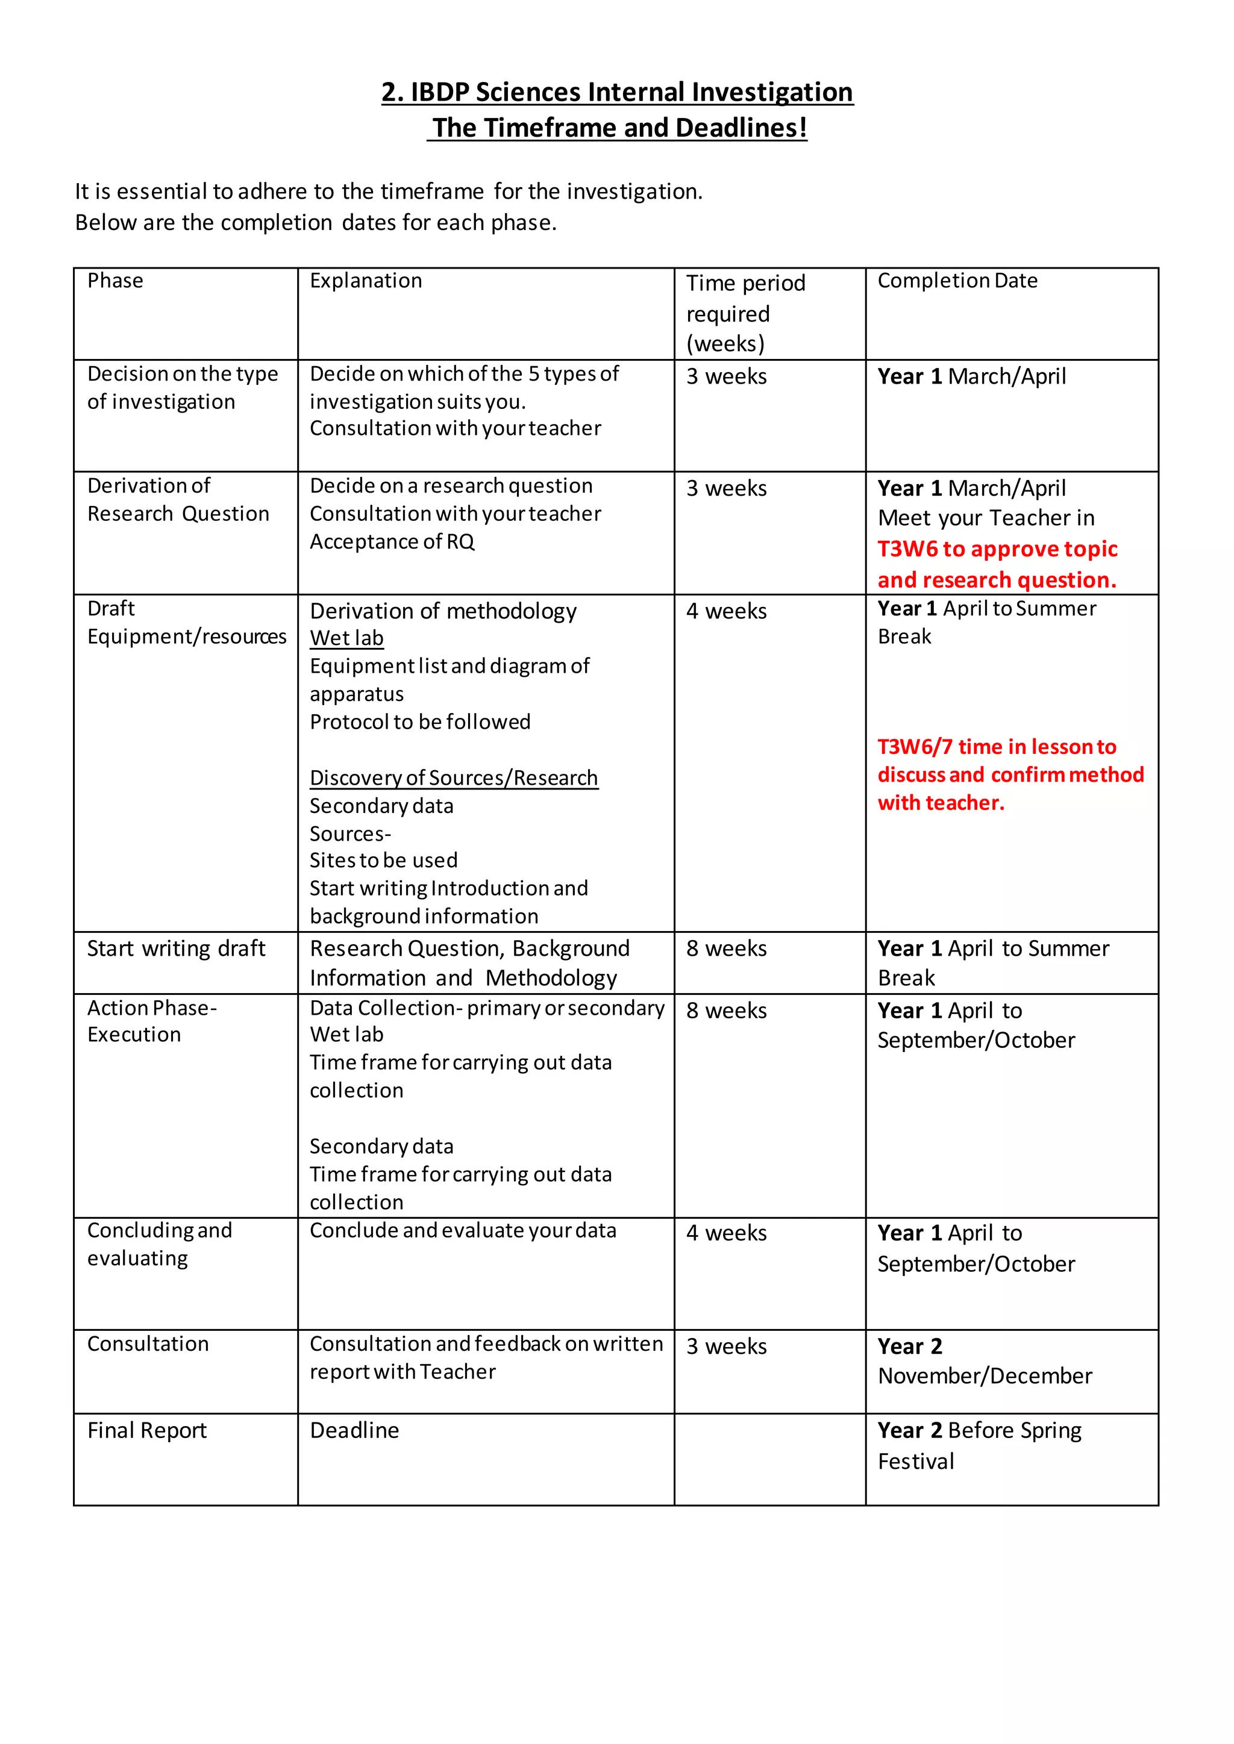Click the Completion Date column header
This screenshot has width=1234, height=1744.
957,281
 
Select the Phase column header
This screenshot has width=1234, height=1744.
114,281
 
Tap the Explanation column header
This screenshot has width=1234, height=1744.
366,281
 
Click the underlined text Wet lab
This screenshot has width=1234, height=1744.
346,638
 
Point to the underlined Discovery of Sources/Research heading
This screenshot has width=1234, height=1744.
454,778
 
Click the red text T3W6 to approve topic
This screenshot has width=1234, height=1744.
997,549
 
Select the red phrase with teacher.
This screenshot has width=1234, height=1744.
941,802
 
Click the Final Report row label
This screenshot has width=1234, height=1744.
146,1430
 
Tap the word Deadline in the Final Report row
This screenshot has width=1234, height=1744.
354,1430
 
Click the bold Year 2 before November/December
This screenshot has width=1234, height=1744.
910,1346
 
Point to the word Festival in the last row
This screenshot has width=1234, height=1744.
916,1462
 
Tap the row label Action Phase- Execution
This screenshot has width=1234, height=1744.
151,1021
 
